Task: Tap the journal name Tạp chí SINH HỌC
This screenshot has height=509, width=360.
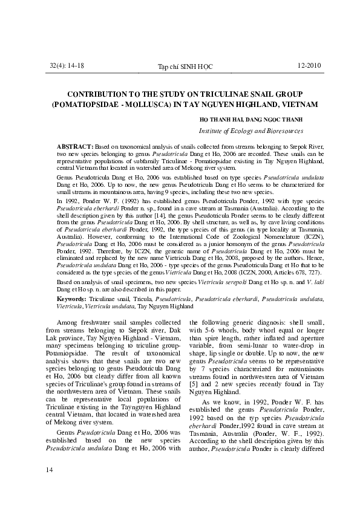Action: coord(185,66)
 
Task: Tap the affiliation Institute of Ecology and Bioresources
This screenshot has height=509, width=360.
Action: coord(250,131)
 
